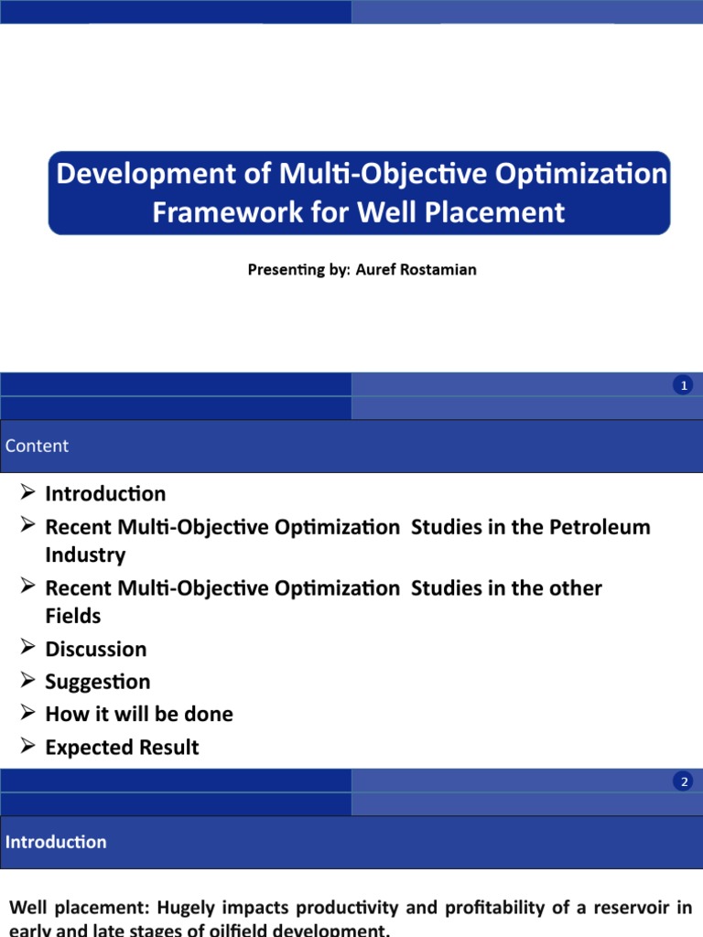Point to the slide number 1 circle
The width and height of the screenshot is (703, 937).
683,386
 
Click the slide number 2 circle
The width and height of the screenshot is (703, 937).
683,781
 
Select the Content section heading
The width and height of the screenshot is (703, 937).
37,446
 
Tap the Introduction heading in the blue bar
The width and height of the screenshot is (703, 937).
56,842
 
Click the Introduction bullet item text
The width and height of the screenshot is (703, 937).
105,494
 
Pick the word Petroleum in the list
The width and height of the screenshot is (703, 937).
600,527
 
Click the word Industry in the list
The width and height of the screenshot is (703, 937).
85,555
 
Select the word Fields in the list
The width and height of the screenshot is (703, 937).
73,616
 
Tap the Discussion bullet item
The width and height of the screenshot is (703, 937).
96,649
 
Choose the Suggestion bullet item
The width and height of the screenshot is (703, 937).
98,682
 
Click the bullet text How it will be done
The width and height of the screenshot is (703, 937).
139,714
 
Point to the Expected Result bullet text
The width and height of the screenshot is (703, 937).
122,747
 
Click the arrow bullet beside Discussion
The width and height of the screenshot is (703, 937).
27,648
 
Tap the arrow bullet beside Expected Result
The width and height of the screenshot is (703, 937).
27,746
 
